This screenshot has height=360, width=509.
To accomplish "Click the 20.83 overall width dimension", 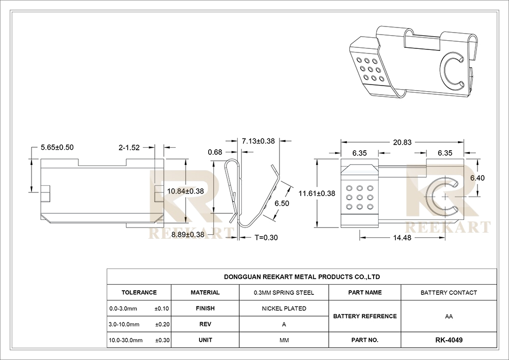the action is coord(402,142).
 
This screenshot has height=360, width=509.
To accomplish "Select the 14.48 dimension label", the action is coord(402,238).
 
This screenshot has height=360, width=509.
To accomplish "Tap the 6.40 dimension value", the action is coord(477,178).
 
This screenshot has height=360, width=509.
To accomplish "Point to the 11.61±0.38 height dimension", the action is coord(317,193).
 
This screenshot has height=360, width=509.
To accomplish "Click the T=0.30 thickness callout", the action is coord(266,238).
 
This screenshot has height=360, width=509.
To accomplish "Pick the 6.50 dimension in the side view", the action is coord(282,204).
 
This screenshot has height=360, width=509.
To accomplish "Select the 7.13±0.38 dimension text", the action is coord(259,141).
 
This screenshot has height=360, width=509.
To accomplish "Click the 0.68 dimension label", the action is coord(215,152).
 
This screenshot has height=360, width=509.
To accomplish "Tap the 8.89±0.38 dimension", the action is coord(188,235).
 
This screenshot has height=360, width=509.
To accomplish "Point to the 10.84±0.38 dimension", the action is coord(186,191).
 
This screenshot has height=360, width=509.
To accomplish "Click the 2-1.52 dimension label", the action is coord(129,148).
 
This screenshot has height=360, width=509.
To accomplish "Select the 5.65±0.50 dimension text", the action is coord(57,147).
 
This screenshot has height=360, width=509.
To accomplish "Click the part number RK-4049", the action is coord(449,340).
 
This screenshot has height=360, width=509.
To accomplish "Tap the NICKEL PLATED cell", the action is coord(284,309).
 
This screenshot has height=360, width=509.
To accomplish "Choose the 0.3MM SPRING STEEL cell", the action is coord(284,293).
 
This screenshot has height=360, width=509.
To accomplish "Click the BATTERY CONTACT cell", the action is coord(449,293).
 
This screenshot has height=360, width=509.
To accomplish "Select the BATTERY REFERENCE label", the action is coord(365,316).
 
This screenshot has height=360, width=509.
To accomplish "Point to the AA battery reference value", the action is coord(449,317).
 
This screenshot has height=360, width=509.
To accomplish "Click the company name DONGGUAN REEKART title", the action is coord(302,277).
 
